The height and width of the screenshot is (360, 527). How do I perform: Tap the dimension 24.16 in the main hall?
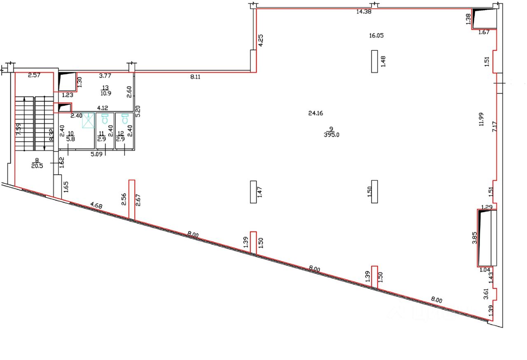(315, 113)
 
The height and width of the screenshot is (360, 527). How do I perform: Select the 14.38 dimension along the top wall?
(364, 12)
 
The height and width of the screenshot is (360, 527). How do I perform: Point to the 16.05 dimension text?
(376, 35)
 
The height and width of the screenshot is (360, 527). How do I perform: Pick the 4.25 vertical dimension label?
(260, 40)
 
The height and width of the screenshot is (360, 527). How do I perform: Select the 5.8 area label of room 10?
(70, 140)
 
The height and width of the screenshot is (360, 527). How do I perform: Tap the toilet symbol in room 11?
(105, 119)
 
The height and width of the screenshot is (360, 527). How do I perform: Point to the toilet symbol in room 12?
(125, 119)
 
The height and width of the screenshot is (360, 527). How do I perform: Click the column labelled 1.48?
(374, 61)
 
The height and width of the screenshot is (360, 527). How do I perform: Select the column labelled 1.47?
(253, 192)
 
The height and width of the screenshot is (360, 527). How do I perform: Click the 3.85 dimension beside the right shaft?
(474, 238)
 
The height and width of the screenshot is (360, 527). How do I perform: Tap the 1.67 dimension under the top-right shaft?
(484, 32)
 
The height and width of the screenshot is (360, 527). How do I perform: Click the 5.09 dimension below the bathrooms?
(96, 155)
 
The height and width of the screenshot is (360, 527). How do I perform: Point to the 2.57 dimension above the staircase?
(35, 75)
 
